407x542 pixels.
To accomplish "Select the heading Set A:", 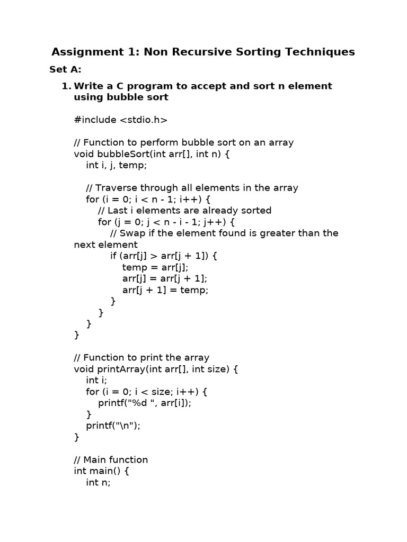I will point(65,69).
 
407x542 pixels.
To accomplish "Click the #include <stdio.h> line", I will point(121,120).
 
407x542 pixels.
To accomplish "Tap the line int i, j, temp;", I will point(116,165).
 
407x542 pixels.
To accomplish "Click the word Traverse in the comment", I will point(116,188).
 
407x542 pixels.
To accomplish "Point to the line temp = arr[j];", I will point(155,267).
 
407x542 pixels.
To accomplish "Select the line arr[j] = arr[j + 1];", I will point(165,278).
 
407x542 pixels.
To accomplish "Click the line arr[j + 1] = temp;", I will point(165,290).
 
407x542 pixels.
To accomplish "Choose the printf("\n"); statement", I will point(113,426).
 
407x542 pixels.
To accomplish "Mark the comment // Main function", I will point(111,460).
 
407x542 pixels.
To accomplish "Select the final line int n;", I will point(98,483).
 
